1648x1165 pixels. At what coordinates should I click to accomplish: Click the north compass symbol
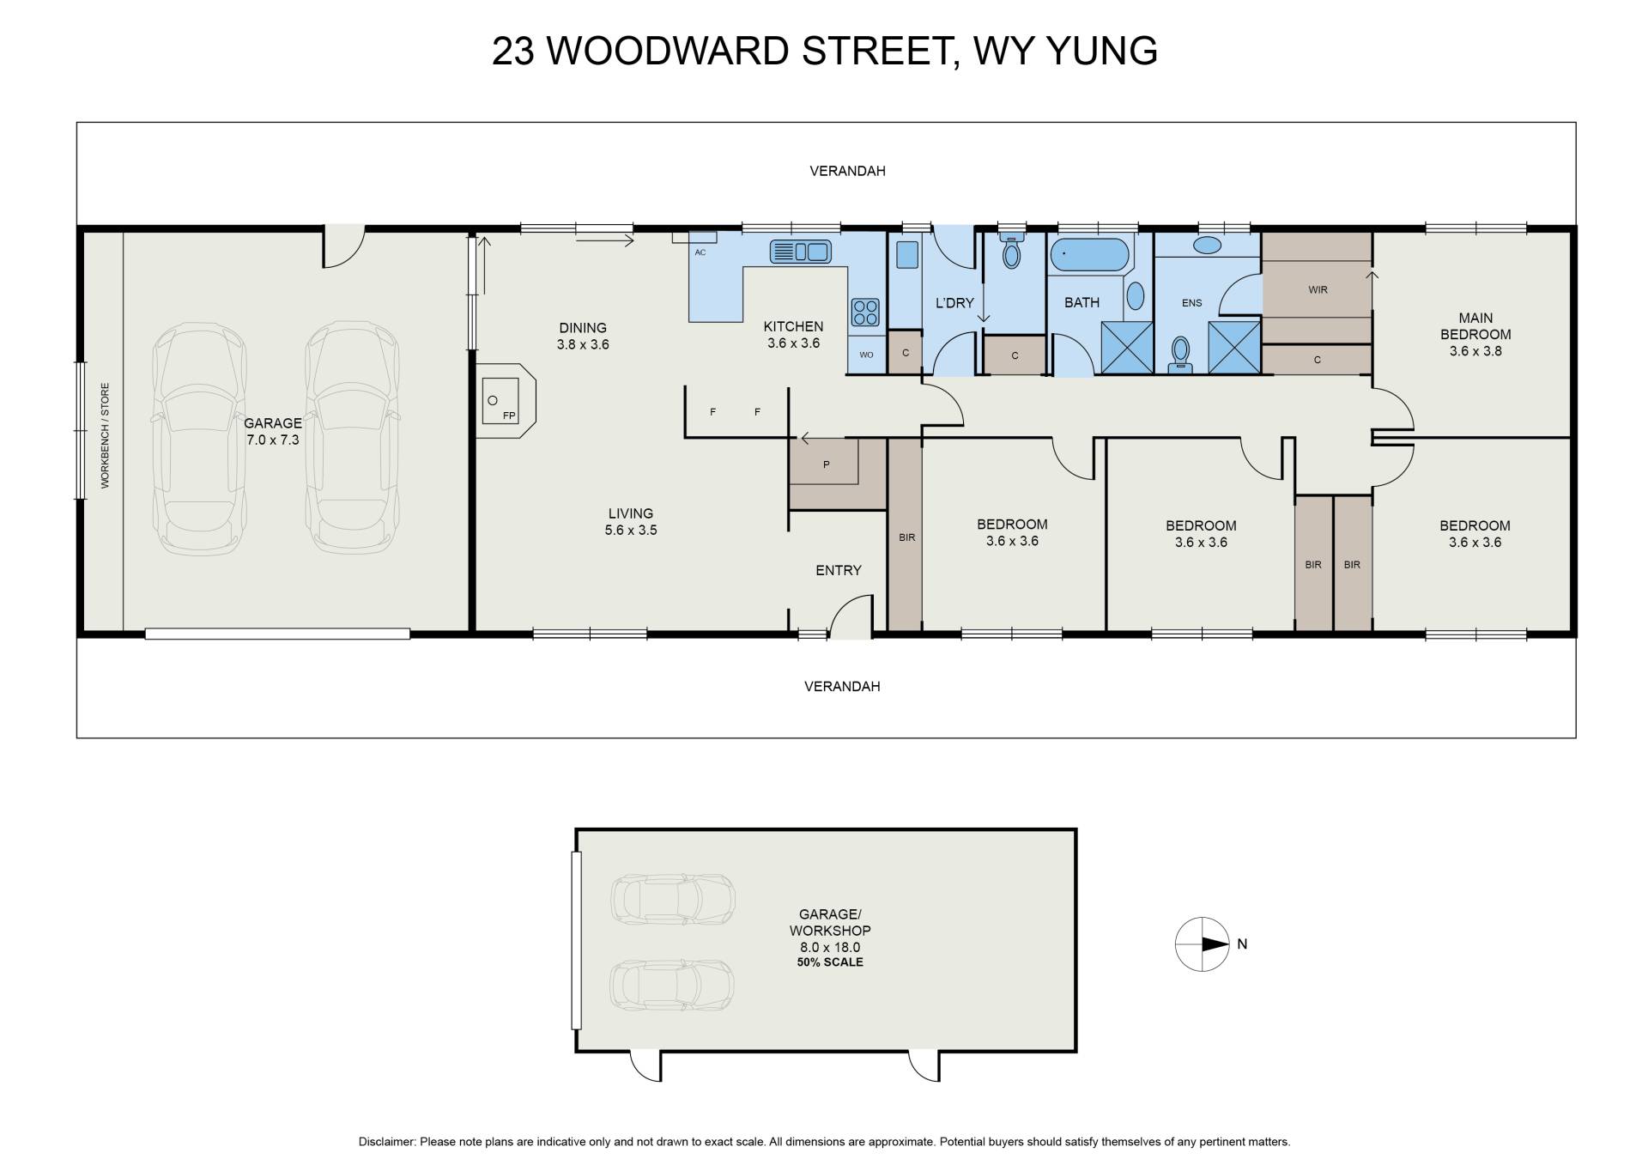(1203, 944)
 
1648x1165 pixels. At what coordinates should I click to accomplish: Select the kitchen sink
(800, 252)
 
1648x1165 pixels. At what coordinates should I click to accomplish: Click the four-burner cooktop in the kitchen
(865, 312)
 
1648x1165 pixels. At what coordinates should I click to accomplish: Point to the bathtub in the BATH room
(1089, 255)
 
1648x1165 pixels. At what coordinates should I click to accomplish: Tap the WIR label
(1318, 290)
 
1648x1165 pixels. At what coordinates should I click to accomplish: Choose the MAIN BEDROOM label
(1475, 326)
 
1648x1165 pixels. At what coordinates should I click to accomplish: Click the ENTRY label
(839, 570)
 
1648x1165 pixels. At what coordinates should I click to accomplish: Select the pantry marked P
(825, 464)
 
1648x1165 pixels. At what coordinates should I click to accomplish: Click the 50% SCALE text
(830, 962)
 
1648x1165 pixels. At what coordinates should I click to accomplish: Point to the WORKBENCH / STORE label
(106, 436)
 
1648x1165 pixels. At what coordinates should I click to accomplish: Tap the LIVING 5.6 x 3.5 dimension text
(631, 522)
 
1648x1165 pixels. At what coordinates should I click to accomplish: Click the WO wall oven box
(866, 355)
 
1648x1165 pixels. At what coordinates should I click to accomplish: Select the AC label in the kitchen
(700, 252)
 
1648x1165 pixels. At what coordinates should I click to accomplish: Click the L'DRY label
(954, 302)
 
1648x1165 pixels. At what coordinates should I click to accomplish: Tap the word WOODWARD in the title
(668, 51)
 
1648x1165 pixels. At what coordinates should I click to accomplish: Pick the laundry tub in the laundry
(906, 256)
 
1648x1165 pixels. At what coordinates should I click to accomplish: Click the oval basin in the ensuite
(1208, 246)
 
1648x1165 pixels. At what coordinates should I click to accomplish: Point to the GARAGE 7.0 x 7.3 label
(273, 432)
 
